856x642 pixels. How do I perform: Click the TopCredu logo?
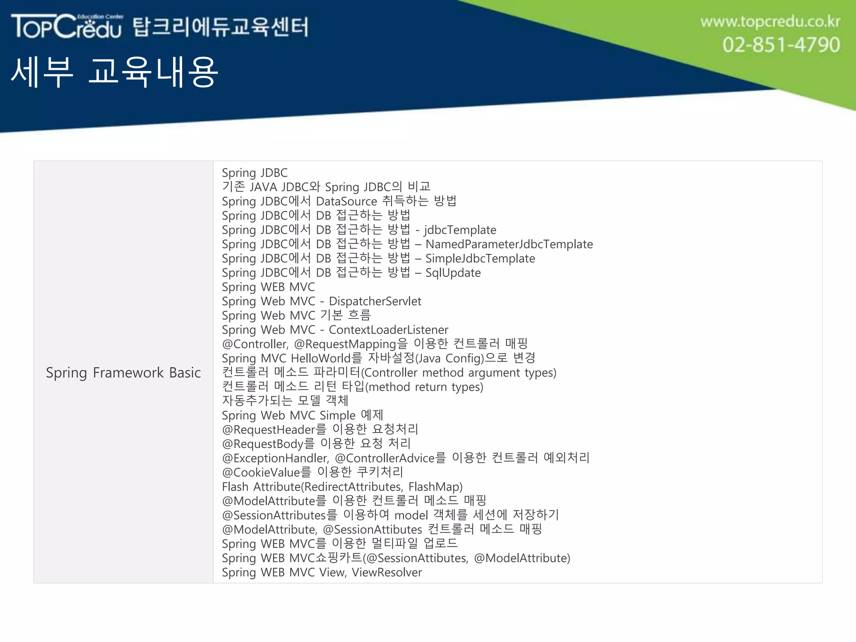click(x=67, y=26)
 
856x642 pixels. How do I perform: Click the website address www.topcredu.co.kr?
click(x=770, y=21)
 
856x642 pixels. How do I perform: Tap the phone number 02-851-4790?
click(x=781, y=45)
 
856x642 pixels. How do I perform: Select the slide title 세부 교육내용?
click(x=114, y=72)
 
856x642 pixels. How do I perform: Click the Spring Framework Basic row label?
click(x=123, y=372)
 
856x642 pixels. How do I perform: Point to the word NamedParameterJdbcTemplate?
click(x=509, y=244)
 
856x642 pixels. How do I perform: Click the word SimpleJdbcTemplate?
click(x=480, y=258)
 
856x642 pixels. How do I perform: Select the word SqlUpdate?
click(x=453, y=273)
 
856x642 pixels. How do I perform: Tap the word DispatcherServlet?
click(x=375, y=301)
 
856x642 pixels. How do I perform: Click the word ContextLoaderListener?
click(x=388, y=330)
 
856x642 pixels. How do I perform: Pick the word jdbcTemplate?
click(x=460, y=230)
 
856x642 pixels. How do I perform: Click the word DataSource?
click(x=346, y=201)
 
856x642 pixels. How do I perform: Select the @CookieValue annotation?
click(x=261, y=472)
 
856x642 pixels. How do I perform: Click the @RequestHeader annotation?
click(x=269, y=430)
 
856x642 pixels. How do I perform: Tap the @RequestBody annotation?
click(x=263, y=444)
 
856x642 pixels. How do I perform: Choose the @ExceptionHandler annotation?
click(x=275, y=458)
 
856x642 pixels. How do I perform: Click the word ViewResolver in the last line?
click(x=387, y=572)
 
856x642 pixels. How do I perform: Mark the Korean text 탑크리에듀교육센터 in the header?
click(x=221, y=27)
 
